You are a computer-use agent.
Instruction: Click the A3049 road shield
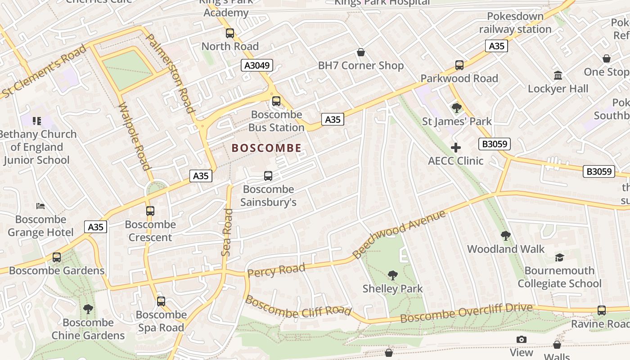click(x=257, y=65)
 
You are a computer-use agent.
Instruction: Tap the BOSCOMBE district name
click(x=266, y=148)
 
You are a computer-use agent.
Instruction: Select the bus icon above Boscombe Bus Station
click(x=276, y=101)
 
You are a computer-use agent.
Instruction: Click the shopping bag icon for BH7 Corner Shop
click(x=361, y=53)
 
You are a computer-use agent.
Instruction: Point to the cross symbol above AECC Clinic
click(x=456, y=148)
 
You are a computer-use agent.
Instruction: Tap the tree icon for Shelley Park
click(x=393, y=275)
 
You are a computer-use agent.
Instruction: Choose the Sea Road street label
click(x=227, y=233)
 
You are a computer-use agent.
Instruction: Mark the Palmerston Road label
click(x=171, y=73)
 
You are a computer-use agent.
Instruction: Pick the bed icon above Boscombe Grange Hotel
click(x=40, y=206)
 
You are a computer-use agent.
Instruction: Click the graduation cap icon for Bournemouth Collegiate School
click(x=559, y=257)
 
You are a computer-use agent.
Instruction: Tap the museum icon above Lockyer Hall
click(x=558, y=75)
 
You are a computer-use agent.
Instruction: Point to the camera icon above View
click(x=522, y=339)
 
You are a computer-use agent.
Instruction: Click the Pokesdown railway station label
click(x=515, y=22)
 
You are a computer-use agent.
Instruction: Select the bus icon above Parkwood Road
click(x=459, y=65)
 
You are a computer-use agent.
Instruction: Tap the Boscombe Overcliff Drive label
click(x=466, y=313)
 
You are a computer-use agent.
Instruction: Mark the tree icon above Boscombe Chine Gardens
click(x=88, y=309)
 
